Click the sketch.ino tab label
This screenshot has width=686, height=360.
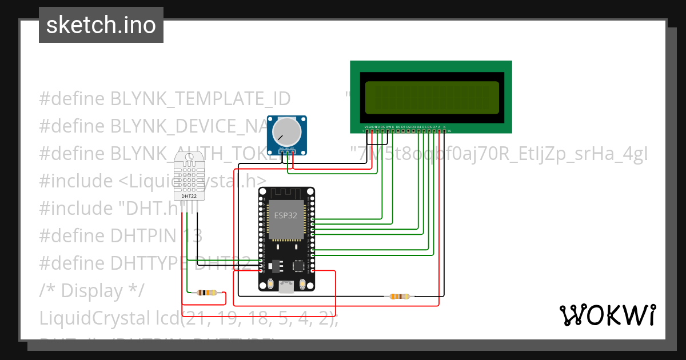pyautogui.click(x=101, y=25)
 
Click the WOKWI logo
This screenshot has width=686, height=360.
pyautogui.click(x=608, y=315)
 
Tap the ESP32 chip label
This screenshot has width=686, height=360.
pyautogui.click(x=286, y=216)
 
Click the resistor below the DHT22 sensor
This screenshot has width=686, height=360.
pyautogui.click(x=206, y=293)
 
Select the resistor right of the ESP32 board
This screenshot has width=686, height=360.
pyautogui.click(x=400, y=296)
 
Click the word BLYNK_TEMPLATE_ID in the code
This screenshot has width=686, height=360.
pyautogui.click(x=200, y=99)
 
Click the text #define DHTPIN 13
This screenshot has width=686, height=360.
pyautogui.click(x=121, y=235)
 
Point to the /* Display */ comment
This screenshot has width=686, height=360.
pyautogui.click(x=92, y=290)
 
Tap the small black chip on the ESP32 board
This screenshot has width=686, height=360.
pyautogui.click(x=298, y=266)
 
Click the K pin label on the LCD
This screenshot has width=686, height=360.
pyautogui.click(x=444, y=126)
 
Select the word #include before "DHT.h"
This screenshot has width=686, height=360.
pyautogui.click(x=75, y=209)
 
